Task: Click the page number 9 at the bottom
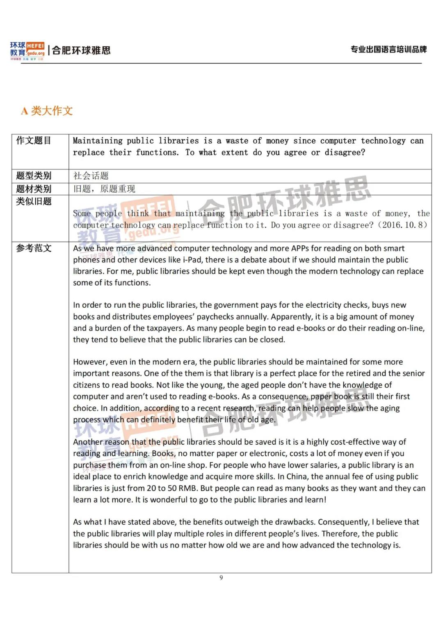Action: [221, 578]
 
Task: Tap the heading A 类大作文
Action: [47, 111]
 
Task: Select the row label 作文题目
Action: [34, 141]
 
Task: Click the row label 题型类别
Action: [34, 176]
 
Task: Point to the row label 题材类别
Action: [34, 189]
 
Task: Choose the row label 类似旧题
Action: [34, 201]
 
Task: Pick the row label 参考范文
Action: [34, 248]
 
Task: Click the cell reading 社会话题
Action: [91, 176]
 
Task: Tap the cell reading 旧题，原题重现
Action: [104, 189]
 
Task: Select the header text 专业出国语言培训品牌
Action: [388, 50]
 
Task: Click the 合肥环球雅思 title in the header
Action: [81, 50]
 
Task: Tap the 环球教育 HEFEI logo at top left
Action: [27, 50]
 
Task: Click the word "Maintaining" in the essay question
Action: [98, 141]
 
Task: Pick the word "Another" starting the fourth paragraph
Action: [87, 442]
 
